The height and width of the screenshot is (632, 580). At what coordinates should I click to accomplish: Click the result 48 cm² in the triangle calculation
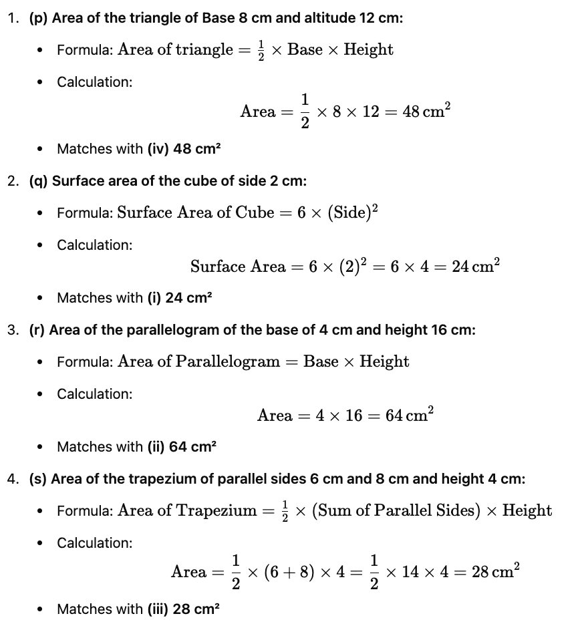[426, 112]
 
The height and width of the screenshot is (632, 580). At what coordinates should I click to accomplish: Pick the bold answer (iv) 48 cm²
[184, 148]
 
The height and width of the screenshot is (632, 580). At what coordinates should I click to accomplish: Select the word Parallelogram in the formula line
[228, 361]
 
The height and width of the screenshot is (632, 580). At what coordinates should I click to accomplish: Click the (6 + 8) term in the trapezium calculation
[291, 572]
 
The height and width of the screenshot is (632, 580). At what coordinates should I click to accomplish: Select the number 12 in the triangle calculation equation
[371, 112]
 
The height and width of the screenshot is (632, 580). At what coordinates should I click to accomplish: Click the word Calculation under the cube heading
[94, 245]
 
